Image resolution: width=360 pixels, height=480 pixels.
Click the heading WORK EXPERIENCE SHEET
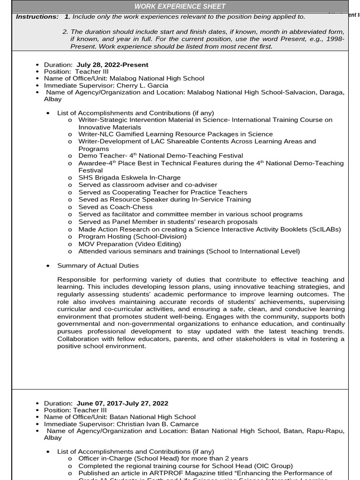pyautogui.click(x=180, y=6)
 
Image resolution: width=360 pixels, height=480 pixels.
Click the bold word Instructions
pyautogui.click(x=37, y=16)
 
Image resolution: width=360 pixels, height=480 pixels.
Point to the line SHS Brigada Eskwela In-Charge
pyautogui.click(x=129, y=178)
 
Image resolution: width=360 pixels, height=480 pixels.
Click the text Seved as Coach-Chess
pyautogui.click(x=115, y=207)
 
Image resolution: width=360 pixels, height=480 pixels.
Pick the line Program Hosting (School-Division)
pyautogui.click(x=132, y=236)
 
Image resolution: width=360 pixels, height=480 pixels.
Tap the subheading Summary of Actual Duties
pyautogui.click(x=98, y=265)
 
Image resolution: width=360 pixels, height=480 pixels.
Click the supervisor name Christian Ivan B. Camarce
pyautogui.click(x=157, y=424)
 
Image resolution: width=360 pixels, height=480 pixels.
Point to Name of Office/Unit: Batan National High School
pyautogui.click(x=120, y=417)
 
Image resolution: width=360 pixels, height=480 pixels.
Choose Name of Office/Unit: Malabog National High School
pyautogui.click(x=124, y=79)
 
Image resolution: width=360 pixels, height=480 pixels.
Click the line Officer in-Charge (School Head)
pyautogui.click(x=163, y=458)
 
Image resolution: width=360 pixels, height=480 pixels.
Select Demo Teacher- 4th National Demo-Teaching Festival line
pyautogui.click(x=160, y=156)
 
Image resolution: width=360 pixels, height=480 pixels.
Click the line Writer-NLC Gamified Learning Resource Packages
pyautogui.click(x=175, y=134)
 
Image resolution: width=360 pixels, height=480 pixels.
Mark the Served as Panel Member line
pyautogui.click(x=168, y=222)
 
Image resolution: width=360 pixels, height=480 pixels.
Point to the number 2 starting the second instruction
pyautogui.click(x=65, y=31)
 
